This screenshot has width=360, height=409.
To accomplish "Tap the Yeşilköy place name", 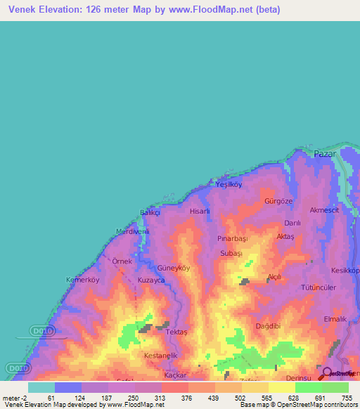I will click(x=229, y=184).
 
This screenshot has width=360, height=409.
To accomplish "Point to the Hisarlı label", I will click(x=200, y=210).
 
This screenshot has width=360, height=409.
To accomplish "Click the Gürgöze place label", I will click(x=278, y=200).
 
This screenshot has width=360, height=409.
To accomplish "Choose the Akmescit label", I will click(x=325, y=209).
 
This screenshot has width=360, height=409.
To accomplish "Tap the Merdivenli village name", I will click(x=133, y=231).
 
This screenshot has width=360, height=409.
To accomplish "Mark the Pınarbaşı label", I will click(x=231, y=239).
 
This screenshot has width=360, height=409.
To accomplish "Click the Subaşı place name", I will click(x=231, y=253).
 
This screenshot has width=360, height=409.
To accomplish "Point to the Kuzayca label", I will click(x=151, y=280).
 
